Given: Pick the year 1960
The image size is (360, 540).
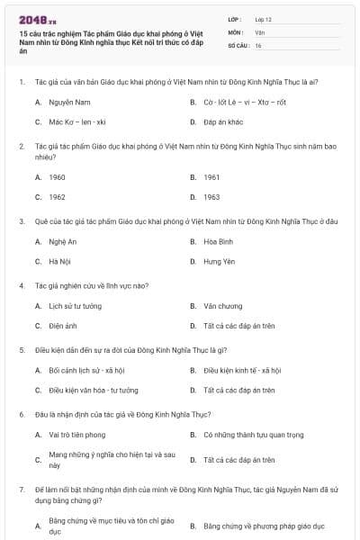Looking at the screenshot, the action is pos(57,177).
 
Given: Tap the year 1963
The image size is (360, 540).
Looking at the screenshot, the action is pos(211,196).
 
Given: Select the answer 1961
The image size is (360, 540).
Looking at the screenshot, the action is pos(211,177).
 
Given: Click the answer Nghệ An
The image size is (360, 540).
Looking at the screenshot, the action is pos(62,242).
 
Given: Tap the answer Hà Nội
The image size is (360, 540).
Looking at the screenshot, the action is pos(59,261).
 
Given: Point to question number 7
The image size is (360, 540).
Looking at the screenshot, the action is pos(21,489).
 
